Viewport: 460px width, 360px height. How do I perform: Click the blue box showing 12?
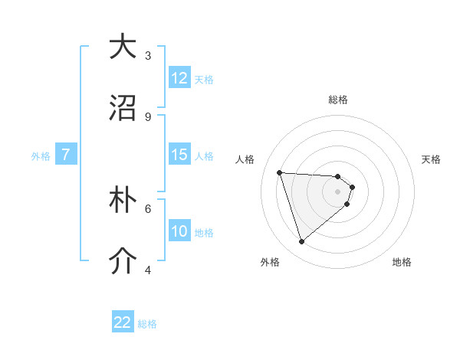click(x=179, y=78)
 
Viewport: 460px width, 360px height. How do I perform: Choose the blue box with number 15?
click(x=179, y=155)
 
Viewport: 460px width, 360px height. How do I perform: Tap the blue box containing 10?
click(x=179, y=231)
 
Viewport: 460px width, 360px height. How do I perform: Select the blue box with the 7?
click(x=66, y=155)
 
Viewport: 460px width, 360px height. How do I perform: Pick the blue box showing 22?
click(x=123, y=322)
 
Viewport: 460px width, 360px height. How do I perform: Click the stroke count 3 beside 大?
click(x=148, y=56)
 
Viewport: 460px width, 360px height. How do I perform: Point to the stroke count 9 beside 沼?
click(x=148, y=117)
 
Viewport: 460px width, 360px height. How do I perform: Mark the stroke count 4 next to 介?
click(x=148, y=270)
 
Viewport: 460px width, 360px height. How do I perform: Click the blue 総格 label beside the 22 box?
click(x=147, y=324)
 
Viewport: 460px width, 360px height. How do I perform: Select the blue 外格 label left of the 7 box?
click(x=41, y=156)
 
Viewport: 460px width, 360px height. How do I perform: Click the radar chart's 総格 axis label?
click(x=338, y=100)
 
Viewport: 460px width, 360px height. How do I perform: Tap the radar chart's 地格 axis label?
click(x=402, y=263)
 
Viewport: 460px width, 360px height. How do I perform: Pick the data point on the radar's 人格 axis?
click(x=280, y=172)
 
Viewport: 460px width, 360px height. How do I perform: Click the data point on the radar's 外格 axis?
click(x=302, y=242)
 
